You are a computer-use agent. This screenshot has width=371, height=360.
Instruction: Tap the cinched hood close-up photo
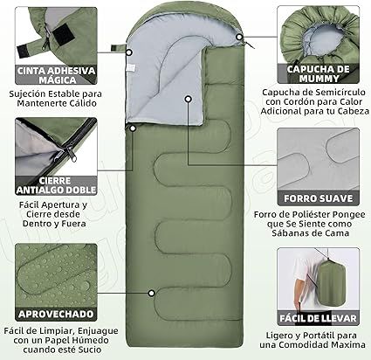point(319,31)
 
